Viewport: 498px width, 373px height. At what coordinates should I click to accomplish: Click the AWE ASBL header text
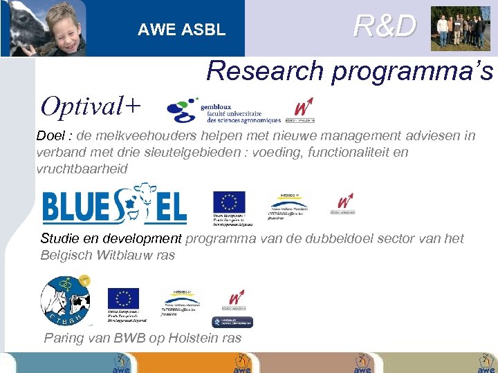pyautogui.click(x=181, y=30)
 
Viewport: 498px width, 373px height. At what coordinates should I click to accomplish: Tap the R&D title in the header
pyautogui.click(x=385, y=26)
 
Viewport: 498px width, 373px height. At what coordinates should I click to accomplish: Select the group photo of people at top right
pyautogui.click(x=460, y=28)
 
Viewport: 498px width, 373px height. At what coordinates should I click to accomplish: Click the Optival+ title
pyautogui.click(x=91, y=106)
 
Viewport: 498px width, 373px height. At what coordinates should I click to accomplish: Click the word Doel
pyautogui.click(x=53, y=136)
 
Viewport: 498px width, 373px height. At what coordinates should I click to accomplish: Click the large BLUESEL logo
pyautogui.click(x=114, y=204)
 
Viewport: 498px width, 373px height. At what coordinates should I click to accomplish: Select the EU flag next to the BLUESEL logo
pyautogui.click(x=229, y=202)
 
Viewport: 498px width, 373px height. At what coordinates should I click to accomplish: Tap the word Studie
pyautogui.click(x=60, y=239)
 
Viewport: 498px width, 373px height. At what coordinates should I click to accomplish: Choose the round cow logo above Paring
pyautogui.click(x=65, y=301)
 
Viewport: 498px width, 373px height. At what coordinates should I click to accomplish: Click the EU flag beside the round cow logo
pyautogui.click(x=123, y=298)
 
